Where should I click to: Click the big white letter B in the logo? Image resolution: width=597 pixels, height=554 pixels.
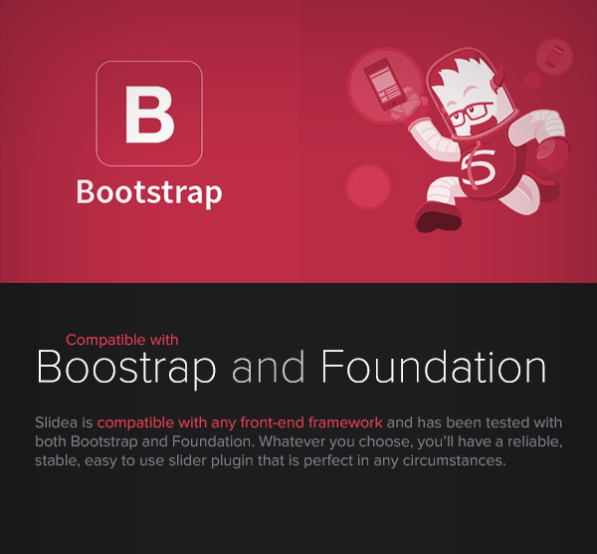(x=149, y=115)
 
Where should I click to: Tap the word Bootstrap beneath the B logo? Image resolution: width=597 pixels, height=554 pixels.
(x=149, y=192)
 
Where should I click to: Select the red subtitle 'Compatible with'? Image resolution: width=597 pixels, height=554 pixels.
(x=121, y=340)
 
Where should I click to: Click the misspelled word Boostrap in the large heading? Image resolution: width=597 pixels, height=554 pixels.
(x=126, y=368)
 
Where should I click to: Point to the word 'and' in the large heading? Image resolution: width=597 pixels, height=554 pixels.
(x=268, y=367)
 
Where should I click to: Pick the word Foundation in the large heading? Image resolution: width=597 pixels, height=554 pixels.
(x=434, y=367)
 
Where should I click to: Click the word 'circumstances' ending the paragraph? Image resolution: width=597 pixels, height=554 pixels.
(x=455, y=460)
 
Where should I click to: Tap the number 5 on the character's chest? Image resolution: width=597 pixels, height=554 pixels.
(x=479, y=167)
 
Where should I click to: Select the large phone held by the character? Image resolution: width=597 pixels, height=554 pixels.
(x=384, y=84)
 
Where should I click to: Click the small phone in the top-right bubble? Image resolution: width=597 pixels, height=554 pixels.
(x=554, y=57)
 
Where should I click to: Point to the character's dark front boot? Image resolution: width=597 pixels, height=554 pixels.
(x=438, y=219)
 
